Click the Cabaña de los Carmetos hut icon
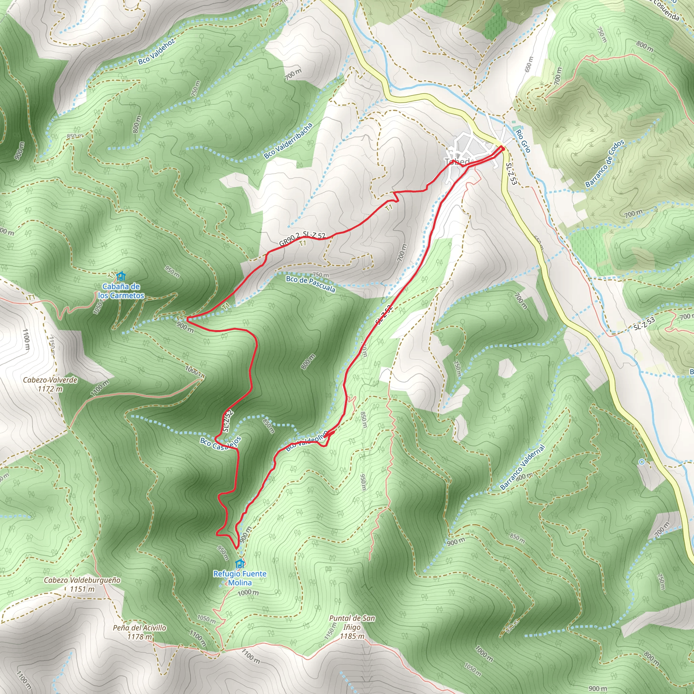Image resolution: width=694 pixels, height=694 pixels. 121,276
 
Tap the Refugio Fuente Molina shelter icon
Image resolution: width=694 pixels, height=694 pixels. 240,563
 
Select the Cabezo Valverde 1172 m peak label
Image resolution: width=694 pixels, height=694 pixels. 50,384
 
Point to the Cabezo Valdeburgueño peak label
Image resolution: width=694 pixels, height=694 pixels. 82,580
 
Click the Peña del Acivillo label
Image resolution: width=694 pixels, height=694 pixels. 139,628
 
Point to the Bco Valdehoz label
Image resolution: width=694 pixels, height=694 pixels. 157,52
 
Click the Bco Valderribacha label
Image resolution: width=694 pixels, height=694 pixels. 288,141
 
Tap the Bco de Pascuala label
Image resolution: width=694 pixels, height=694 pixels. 311,284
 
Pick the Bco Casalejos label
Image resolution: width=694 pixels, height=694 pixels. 221,443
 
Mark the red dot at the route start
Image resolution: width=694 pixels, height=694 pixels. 503,148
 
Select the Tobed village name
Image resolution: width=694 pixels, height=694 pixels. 457,162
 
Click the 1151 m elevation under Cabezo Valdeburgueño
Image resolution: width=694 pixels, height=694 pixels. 82,589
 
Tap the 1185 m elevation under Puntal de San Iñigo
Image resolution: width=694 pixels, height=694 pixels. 352,636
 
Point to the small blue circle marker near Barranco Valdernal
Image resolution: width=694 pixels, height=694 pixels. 641,462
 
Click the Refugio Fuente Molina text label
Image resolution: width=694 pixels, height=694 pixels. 240,578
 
